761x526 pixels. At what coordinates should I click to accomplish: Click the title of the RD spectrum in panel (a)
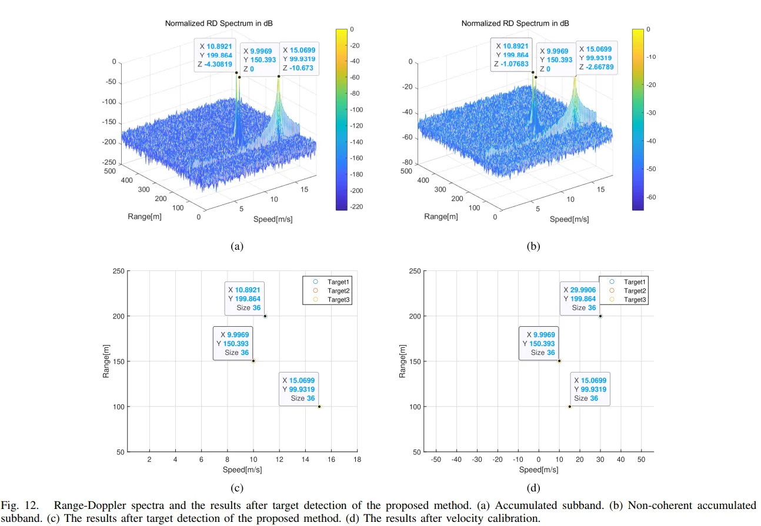click(219, 23)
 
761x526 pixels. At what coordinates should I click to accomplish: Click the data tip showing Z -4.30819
click(216, 56)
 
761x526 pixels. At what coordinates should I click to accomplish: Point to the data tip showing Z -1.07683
click(512, 55)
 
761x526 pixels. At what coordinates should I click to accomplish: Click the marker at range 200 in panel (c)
click(265, 316)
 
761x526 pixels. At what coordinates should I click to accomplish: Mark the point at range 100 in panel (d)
click(569, 407)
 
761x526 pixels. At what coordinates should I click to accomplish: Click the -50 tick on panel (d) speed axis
click(436, 460)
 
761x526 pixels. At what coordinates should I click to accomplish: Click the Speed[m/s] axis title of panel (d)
click(538, 470)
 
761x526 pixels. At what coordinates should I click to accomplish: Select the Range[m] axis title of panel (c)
click(106, 361)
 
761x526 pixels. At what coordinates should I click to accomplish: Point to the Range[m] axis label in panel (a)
click(144, 217)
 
